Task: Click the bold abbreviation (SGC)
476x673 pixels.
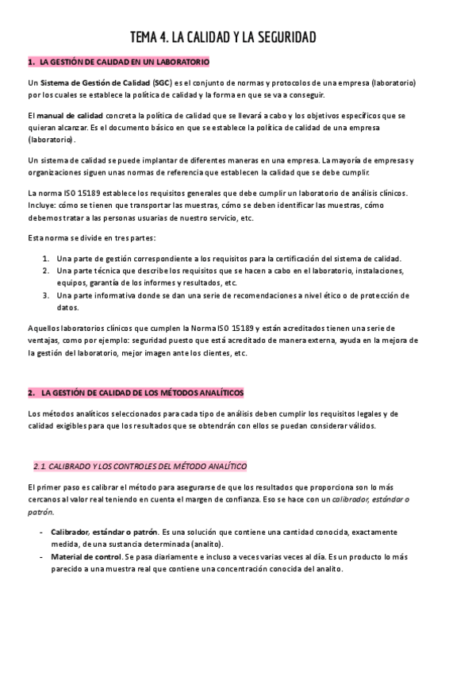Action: (x=163, y=83)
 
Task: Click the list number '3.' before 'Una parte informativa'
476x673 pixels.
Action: (x=47, y=295)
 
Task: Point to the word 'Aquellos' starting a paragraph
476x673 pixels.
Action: (x=43, y=329)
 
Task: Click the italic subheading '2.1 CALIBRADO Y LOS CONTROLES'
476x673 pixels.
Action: (x=140, y=465)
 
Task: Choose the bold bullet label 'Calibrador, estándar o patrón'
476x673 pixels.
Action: (x=104, y=531)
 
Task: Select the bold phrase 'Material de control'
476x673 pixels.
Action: (x=87, y=556)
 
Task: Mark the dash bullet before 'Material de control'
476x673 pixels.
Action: (x=41, y=556)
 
